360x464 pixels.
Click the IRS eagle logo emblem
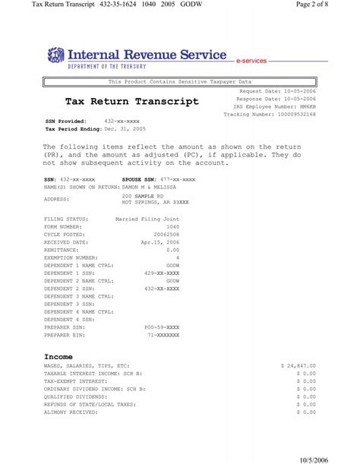click(x=55, y=56)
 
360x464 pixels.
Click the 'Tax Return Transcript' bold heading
click(x=132, y=101)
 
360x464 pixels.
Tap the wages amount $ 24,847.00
click(x=298, y=365)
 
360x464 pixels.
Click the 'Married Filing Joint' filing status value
click(x=147, y=219)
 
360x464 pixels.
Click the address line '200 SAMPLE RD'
click(x=144, y=196)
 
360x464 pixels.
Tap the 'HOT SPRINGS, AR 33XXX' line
click(x=156, y=203)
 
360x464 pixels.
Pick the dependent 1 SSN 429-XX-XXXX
click(x=161, y=273)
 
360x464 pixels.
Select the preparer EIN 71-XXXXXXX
click(x=163, y=334)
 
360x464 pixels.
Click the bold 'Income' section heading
click(x=58, y=356)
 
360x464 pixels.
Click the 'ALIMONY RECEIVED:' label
click(x=71, y=412)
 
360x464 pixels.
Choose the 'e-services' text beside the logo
click(x=251, y=60)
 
